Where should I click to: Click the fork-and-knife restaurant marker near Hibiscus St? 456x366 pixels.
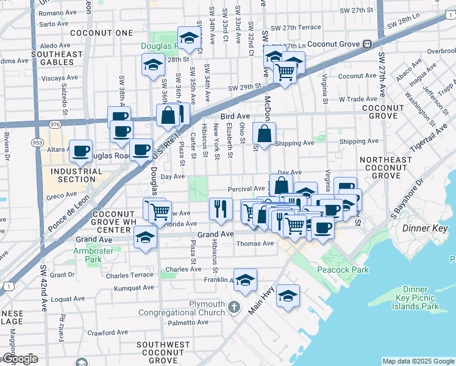221,208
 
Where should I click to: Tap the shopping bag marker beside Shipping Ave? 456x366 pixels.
264,132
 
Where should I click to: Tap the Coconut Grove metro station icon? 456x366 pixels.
368,44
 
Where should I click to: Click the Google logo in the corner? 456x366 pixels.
20,359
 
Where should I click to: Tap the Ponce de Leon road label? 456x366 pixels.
68,212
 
